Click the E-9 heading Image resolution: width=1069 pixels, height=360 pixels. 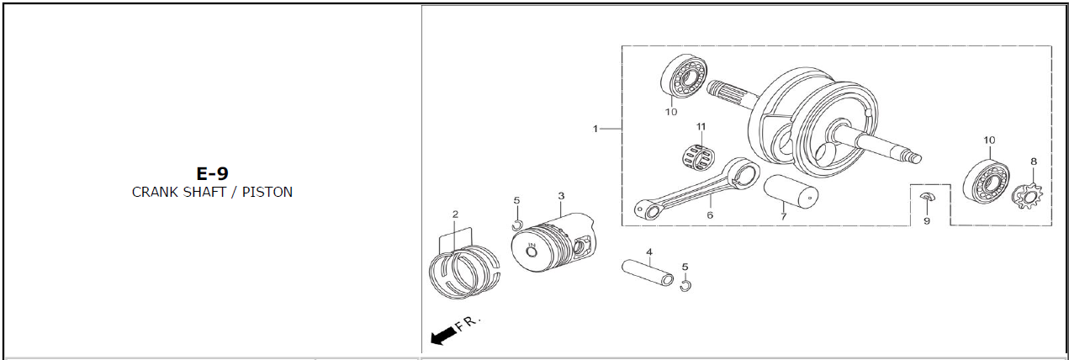212,173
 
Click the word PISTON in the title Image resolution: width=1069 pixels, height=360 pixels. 267,192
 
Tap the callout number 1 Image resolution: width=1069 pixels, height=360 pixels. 595,129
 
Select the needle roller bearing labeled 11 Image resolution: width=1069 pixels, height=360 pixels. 699,157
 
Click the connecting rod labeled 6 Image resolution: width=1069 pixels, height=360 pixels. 696,189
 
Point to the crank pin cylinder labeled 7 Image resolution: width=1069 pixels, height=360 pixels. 791,192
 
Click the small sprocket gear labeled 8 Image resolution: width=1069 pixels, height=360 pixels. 1028,196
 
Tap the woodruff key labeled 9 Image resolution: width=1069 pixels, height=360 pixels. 925,196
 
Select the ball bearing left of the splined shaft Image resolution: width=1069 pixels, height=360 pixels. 684,77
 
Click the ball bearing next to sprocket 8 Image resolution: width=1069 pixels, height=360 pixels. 986,181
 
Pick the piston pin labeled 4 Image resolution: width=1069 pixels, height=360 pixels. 648,273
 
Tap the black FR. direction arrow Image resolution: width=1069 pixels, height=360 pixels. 442,335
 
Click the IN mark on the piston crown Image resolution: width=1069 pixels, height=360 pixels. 532,246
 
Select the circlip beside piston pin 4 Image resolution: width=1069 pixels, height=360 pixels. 685,285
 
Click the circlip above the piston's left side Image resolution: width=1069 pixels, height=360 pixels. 517,225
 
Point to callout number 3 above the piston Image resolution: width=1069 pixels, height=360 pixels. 561,196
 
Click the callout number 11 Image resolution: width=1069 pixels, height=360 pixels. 701,126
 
